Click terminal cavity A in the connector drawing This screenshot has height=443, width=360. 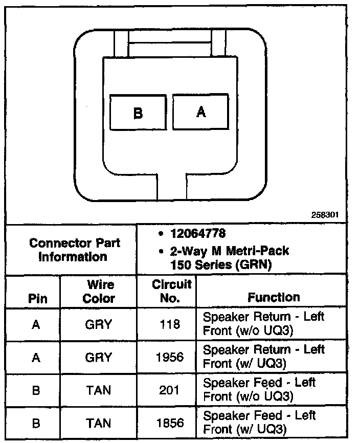(201, 112)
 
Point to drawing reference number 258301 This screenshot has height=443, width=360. (325, 215)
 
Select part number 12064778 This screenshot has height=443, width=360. (198, 234)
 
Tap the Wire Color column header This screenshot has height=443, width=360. (98, 291)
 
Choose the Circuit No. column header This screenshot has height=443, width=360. (167, 291)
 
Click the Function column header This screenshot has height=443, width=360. (274, 297)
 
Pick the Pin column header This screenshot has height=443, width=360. (37, 298)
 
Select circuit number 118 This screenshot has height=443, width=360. (169, 324)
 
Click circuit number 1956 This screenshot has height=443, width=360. (169, 357)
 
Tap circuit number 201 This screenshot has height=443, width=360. (169, 390)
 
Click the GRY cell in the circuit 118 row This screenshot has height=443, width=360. (98, 324)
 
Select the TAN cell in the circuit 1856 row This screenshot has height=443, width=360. (98, 423)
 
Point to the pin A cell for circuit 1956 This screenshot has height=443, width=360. (36, 357)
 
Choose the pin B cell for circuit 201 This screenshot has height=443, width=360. (36, 390)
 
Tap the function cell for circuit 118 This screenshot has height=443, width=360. (263, 323)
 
